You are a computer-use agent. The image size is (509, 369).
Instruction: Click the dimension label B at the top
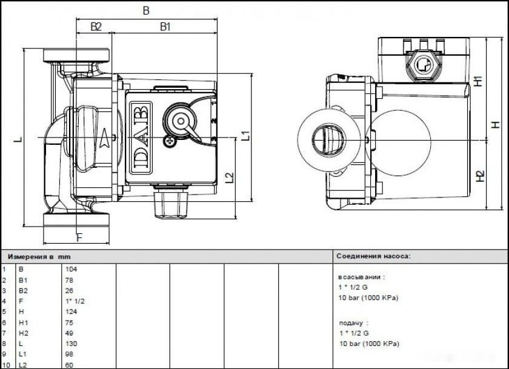click(146, 10)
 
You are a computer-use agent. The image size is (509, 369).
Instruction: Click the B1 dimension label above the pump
click(165, 27)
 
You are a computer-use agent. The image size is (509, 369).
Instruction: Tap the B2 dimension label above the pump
click(96, 27)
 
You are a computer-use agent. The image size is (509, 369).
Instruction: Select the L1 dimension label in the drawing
click(245, 135)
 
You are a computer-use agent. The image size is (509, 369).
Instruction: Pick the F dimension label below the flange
click(79, 236)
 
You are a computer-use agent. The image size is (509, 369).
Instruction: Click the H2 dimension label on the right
click(480, 176)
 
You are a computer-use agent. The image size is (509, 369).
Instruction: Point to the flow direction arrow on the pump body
click(107, 138)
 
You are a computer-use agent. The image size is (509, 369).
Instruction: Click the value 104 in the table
click(71, 268)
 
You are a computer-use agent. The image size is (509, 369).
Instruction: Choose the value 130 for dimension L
click(71, 344)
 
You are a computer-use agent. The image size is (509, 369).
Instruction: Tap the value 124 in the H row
click(71, 311)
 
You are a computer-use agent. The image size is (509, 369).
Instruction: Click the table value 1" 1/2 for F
click(74, 301)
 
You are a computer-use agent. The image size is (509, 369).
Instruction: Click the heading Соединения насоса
click(373, 256)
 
